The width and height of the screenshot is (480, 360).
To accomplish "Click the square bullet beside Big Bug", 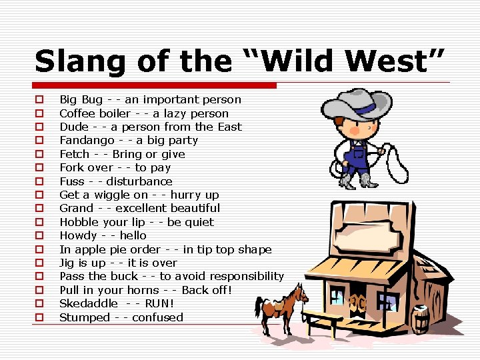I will pos(39,100).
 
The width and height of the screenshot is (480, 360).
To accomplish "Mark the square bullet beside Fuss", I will pos(39,181).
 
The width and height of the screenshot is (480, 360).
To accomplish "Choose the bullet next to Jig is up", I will pos(39,263).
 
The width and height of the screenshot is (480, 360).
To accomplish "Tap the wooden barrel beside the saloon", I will pos(420,319).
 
